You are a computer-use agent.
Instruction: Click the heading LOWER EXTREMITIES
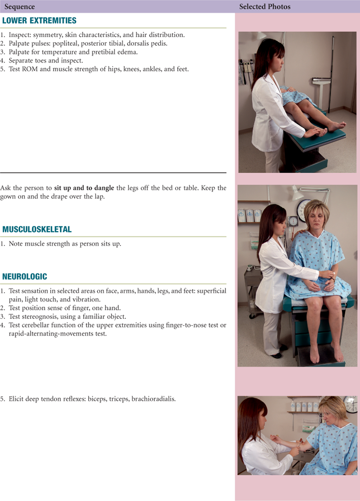coord(39,20)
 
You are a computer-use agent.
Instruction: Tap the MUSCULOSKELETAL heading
coord(37,229)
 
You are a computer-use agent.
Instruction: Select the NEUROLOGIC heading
coord(25,277)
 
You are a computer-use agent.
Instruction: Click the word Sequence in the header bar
coord(19,6)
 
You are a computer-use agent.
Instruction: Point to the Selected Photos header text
coord(265,6)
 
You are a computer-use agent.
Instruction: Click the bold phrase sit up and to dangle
coord(84,188)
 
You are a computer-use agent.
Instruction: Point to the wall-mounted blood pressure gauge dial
coord(293,221)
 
